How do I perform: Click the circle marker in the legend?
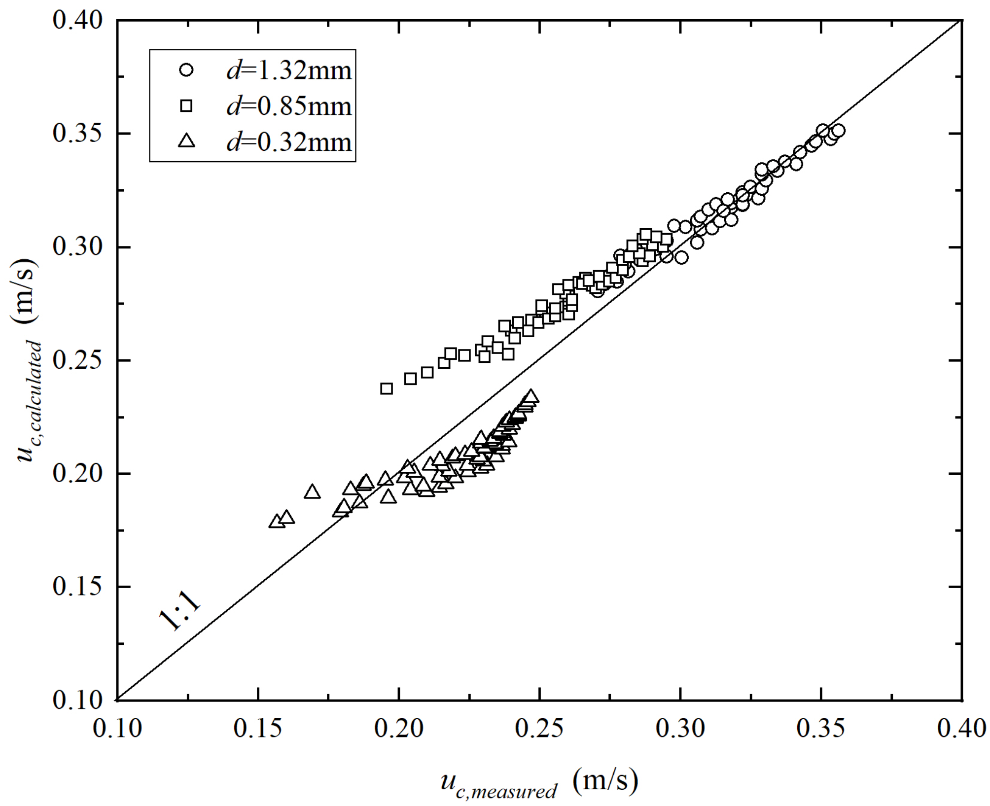coord(187,70)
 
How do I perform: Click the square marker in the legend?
coord(187,106)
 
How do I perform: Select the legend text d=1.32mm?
coord(289,70)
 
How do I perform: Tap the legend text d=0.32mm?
coord(289,142)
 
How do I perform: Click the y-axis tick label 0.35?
coord(78,134)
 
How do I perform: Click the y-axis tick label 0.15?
coord(78,587)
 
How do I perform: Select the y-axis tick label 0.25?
coord(78,360)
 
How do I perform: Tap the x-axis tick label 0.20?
coord(399,729)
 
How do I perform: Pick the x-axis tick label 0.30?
coord(680,729)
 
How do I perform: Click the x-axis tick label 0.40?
coord(961,729)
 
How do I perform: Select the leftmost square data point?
coord(387,388)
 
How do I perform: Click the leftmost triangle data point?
coord(277,522)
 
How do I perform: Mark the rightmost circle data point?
coord(839,130)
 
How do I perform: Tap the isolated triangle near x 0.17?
coord(312,492)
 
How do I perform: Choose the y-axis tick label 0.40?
coord(78,21)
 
